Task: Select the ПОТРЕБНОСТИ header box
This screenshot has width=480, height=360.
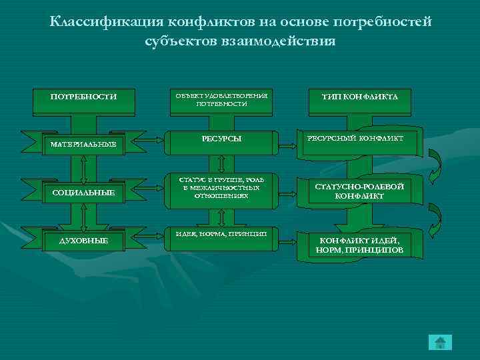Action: coord(83,97)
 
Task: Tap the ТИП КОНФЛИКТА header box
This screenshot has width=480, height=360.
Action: coord(360,97)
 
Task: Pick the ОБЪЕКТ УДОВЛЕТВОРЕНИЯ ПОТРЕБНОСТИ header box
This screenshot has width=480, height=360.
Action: coord(221,99)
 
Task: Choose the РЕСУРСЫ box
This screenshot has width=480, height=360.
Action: coord(221,139)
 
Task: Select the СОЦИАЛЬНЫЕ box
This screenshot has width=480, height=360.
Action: coord(83,193)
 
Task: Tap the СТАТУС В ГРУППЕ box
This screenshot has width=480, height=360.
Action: coord(221,188)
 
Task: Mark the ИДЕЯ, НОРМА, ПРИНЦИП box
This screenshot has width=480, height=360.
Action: coord(221,234)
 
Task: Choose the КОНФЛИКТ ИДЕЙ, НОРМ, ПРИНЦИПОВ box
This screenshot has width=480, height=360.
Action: coord(360,245)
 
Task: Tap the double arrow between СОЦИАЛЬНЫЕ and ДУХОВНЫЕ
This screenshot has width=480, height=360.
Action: coord(83,217)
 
